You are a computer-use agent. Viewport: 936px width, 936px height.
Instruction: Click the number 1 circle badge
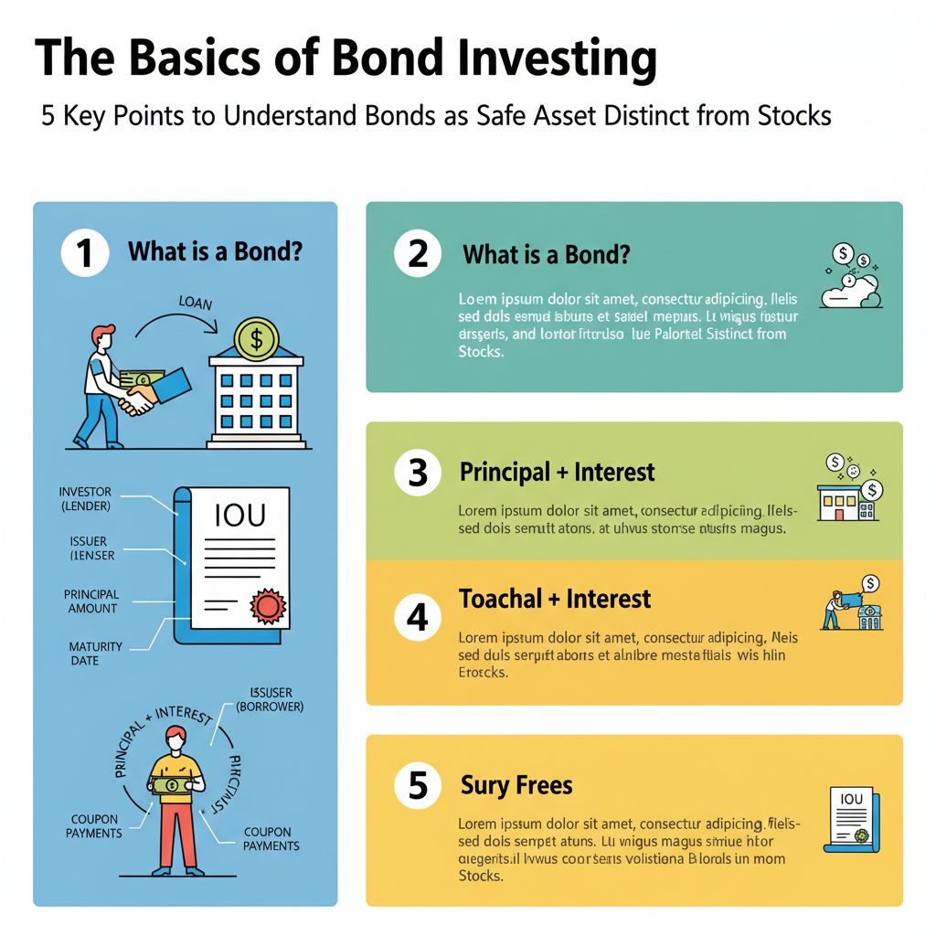85,252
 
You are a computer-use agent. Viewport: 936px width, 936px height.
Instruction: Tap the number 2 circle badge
418,253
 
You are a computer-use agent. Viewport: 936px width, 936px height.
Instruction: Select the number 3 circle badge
418,473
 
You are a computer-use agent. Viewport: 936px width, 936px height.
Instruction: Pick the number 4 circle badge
418,618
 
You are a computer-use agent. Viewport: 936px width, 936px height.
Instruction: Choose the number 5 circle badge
418,786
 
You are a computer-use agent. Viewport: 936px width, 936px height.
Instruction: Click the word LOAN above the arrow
196,303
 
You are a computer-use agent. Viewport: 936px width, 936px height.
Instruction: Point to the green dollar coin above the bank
257,339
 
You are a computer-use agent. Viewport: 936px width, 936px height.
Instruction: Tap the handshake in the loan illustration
140,399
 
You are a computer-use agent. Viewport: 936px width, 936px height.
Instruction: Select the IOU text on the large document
239,516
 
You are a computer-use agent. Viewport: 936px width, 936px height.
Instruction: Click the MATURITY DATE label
96,654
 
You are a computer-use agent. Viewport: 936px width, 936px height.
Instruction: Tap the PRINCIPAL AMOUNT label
91,601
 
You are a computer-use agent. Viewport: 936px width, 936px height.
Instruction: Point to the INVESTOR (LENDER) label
84,499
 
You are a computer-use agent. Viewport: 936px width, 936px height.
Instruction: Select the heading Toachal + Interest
554,600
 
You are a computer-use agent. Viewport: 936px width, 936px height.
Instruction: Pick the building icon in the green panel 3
839,502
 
